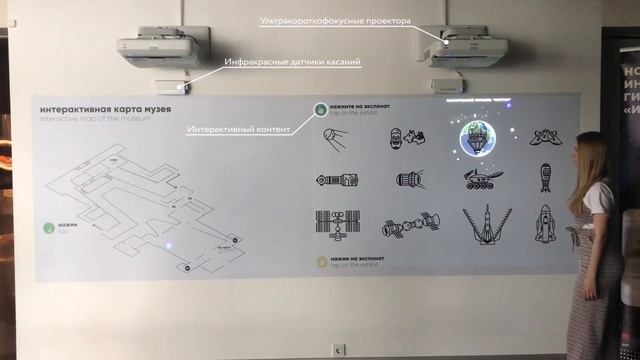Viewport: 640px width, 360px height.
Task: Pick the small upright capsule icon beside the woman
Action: [545, 177]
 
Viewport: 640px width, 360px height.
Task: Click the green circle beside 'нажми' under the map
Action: [49, 228]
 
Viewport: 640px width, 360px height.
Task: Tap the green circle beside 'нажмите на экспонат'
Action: [318, 109]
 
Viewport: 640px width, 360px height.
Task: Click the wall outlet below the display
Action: [339, 349]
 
